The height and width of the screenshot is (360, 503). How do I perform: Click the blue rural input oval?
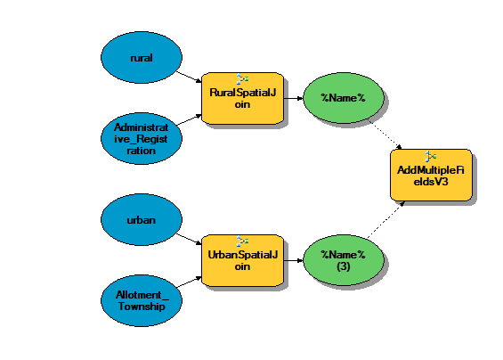pyautogui.click(x=142, y=58)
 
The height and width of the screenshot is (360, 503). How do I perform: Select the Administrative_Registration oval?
pyautogui.click(x=142, y=138)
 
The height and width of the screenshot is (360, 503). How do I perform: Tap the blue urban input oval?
pyautogui.click(x=142, y=220)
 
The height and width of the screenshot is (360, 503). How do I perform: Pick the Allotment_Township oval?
pyautogui.click(x=142, y=300)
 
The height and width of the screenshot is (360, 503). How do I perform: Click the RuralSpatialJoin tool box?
pyautogui.click(x=242, y=98)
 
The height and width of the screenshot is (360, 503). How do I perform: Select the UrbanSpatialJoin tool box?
pyautogui.click(x=242, y=260)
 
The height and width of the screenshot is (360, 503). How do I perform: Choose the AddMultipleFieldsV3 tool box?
pyautogui.click(x=431, y=175)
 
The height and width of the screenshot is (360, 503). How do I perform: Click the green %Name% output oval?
pyautogui.click(x=344, y=98)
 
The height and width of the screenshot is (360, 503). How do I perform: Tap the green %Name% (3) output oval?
pyautogui.click(x=344, y=260)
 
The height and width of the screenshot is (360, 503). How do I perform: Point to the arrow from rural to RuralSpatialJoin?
pyautogui.click(x=189, y=77)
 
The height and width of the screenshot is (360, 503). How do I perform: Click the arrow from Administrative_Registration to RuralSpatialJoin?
pyautogui.click(x=189, y=119)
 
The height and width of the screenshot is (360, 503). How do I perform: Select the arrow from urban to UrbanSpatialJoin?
pyautogui.click(x=189, y=239)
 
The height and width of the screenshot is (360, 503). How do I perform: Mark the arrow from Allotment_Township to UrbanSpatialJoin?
pyautogui.click(x=189, y=282)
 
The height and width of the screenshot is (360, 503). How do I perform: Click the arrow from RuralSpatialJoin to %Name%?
pyautogui.click(x=294, y=98)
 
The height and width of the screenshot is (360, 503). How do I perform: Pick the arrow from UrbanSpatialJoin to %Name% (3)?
pyautogui.click(x=294, y=260)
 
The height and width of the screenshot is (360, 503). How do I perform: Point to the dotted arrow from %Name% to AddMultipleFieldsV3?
pyautogui.click(x=385, y=135)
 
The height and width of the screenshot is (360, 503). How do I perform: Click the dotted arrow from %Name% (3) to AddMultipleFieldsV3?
pyautogui.click(x=385, y=220)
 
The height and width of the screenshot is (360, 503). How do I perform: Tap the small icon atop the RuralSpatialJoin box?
pyautogui.click(x=242, y=78)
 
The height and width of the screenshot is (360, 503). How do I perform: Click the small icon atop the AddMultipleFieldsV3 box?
pyautogui.click(x=431, y=156)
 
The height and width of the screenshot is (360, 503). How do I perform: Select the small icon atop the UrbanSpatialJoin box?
pyautogui.click(x=242, y=241)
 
